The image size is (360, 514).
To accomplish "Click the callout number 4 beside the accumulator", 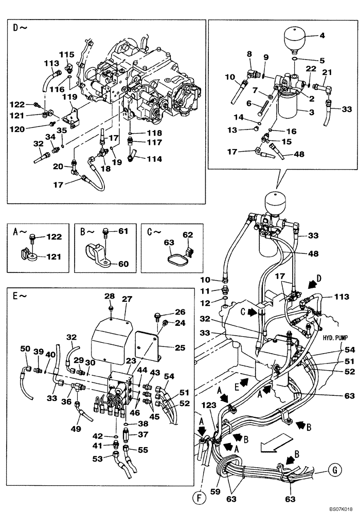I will tap(322, 36).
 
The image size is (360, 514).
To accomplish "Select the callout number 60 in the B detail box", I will tap(123, 264).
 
